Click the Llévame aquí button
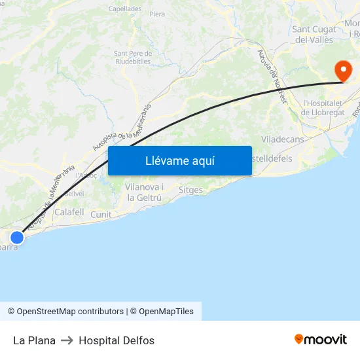[179, 160]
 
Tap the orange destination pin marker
[342, 70]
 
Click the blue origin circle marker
[17, 237]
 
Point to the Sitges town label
[190, 190]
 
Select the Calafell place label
[69, 212]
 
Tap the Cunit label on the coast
[101, 214]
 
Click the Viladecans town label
[282, 139]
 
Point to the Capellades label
[124, 9]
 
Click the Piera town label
[157, 14]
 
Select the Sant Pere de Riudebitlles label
[132, 57]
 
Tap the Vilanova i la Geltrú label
[144, 192]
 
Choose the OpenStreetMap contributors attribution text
[70, 312]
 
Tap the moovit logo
[320, 339]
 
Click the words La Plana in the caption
[34, 340]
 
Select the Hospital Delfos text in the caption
[117, 340]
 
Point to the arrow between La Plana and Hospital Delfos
[67, 340]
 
